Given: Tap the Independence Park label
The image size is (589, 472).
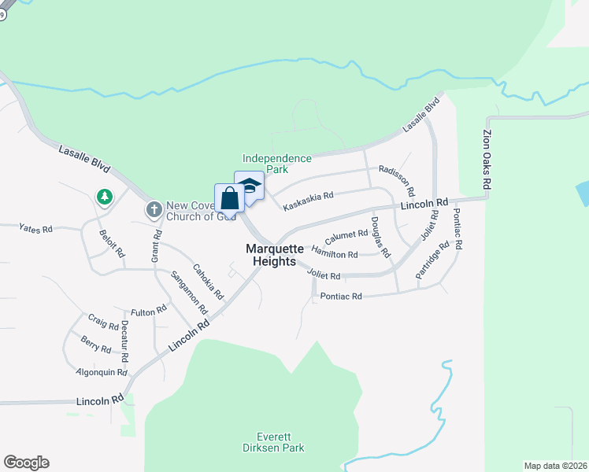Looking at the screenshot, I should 276,164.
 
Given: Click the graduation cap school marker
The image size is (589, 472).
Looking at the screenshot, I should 250,186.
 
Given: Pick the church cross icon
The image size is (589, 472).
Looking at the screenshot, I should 154,210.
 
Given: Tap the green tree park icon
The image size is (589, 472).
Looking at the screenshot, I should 103,196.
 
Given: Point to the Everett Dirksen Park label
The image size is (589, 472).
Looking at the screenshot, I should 280,442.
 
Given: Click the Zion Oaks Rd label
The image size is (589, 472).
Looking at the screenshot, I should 487,159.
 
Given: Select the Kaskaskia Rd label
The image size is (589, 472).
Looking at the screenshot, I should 309,195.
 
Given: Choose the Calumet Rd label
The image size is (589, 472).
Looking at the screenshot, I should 346,234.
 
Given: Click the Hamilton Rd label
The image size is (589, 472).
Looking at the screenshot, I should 335,253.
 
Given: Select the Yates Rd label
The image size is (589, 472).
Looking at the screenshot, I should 35,229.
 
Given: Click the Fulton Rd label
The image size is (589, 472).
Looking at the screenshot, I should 148,312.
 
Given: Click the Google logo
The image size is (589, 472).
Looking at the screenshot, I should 26,463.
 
